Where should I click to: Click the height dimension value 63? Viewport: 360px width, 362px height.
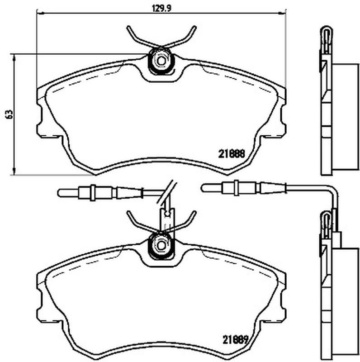pos(9,114)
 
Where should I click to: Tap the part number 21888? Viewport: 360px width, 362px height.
pos(231,154)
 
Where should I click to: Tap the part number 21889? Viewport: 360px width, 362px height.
pos(235,339)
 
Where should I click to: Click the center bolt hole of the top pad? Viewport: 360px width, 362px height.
pos(161,61)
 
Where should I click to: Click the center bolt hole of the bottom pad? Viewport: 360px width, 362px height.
pos(161,245)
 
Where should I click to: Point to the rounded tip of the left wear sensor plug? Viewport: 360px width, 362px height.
pos(60,193)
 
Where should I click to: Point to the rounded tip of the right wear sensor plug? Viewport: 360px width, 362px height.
pos(203,188)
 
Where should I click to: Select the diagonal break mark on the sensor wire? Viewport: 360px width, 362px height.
pos(166,192)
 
